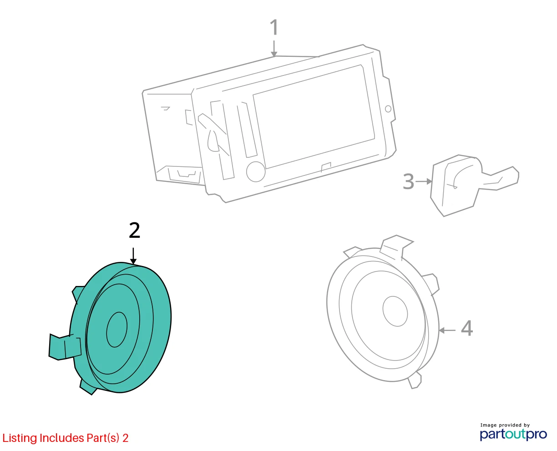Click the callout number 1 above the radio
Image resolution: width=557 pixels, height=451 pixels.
click(274, 27)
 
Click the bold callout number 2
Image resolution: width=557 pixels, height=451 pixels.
click(134, 230)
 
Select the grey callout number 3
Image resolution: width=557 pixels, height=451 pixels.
click(408, 181)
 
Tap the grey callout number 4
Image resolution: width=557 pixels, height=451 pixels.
click(467, 328)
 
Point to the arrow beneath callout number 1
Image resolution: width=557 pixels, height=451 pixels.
click(274, 49)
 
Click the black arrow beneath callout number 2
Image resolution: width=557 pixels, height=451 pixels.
click(133, 256)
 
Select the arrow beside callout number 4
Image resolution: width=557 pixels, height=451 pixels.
click(447, 330)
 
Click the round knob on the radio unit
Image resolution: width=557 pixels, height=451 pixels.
click(256, 172)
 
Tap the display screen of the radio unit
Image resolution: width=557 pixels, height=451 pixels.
click(314, 116)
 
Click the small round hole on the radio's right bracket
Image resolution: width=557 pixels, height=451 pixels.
click(388, 109)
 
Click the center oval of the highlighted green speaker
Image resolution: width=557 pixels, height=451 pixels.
click(117, 330)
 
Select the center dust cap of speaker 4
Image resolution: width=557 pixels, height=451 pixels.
click(395, 311)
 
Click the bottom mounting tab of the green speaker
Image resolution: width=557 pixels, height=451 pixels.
click(88, 387)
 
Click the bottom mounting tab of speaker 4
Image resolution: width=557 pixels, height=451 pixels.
click(415, 381)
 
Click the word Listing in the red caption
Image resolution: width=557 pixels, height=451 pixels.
click(20, 438)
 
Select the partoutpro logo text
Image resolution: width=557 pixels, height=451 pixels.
click(513, 434)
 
